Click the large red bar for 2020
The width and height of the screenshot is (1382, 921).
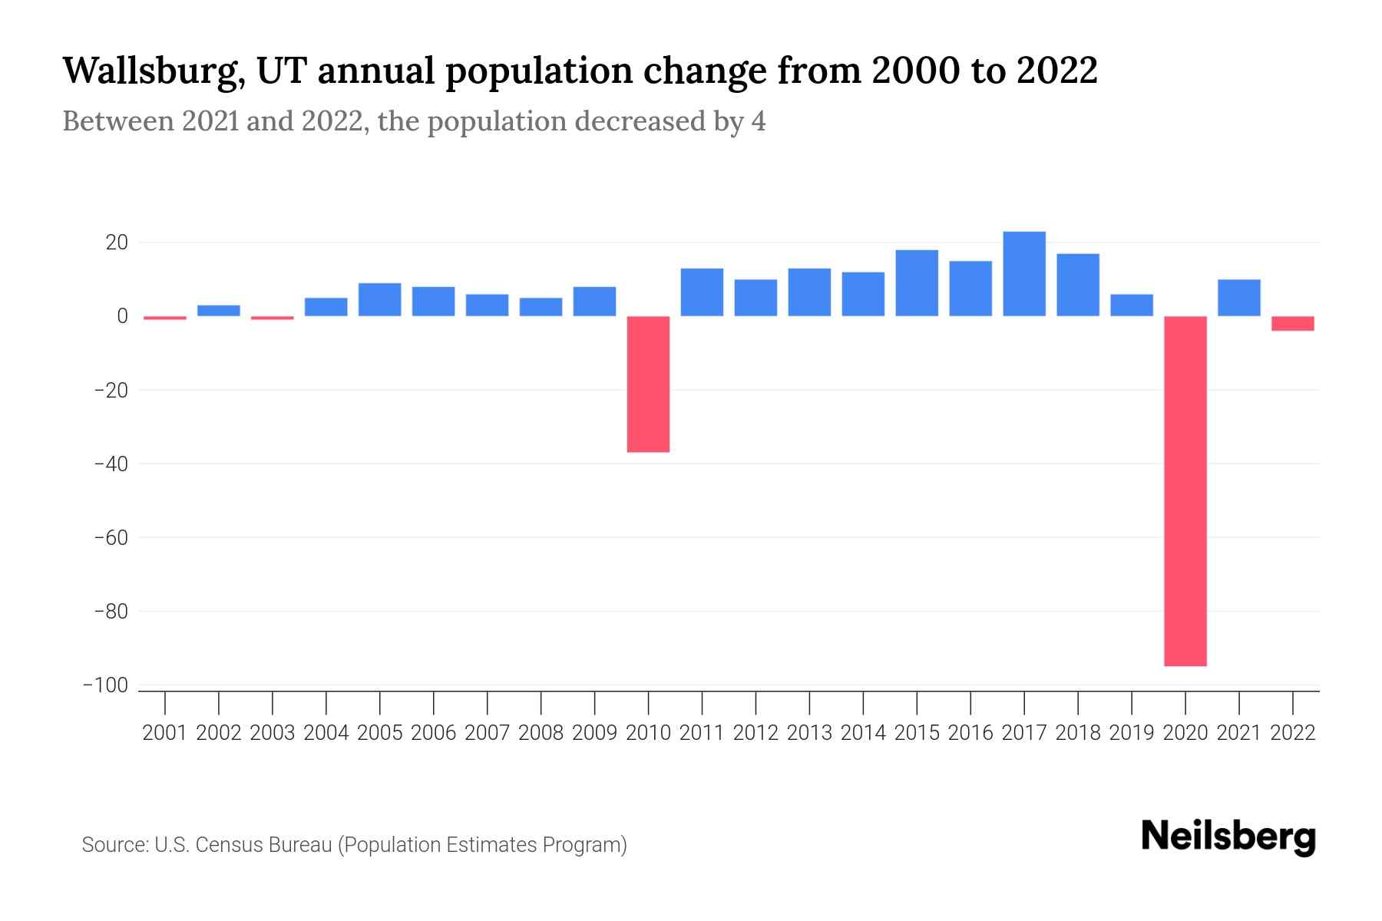tap(1185, 491)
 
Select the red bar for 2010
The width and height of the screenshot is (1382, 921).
tap(648, 384)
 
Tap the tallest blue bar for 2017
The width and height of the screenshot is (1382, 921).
tap(1024, 274)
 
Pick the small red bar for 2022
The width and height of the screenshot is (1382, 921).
tap(1293, 323)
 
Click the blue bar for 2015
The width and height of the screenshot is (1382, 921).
tap(917, 283)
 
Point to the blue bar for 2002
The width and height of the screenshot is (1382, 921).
tap(219, 311)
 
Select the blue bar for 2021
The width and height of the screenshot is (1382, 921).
tap(1239, 298)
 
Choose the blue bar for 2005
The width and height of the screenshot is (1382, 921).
tap(380, 299)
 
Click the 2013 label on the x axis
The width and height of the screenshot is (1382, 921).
tap(809, 733)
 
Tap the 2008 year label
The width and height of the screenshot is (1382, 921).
tap(541, 733)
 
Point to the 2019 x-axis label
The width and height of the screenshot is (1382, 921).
tap(1132, 733)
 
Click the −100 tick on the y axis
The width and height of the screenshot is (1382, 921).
tap(105, 685)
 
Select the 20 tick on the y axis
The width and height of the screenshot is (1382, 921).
tap(117, 243)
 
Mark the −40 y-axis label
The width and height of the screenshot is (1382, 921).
tap(110, 464)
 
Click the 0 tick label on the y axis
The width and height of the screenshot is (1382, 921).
tap(122, 316)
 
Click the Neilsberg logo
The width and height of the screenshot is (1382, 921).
tap(1228, 837)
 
